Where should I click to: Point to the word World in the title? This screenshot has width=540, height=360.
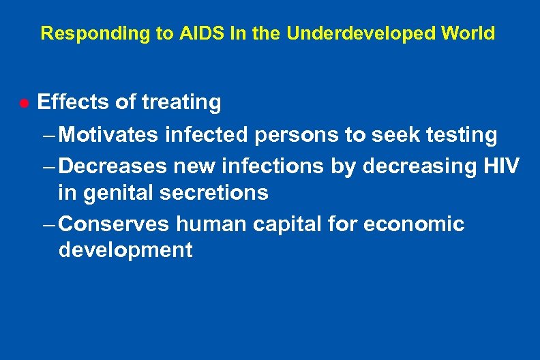click(470, 33)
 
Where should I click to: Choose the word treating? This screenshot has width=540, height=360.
click(181, 102)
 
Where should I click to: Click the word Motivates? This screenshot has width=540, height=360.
click(111, 135)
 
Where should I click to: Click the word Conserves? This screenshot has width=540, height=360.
click(119, 224)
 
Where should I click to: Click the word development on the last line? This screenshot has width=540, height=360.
click(125, 250)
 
